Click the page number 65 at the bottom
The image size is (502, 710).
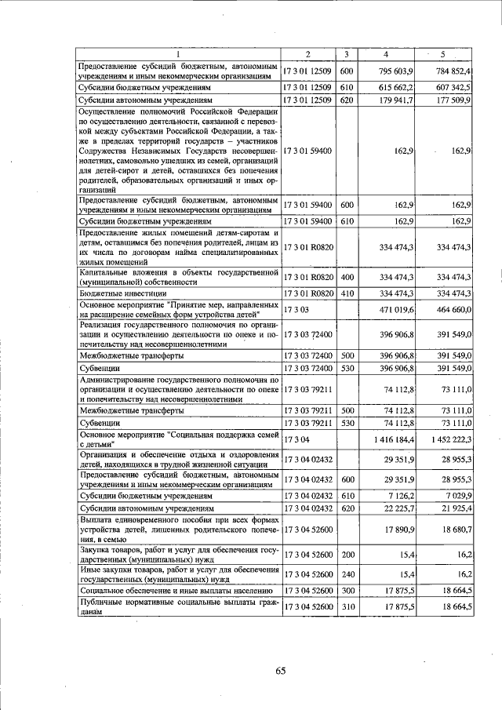[x=281, y=669]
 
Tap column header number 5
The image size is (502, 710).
[x=443, y=54]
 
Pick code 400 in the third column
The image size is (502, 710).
[x=347, y=277]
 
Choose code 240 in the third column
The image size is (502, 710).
[x=347, y=575]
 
